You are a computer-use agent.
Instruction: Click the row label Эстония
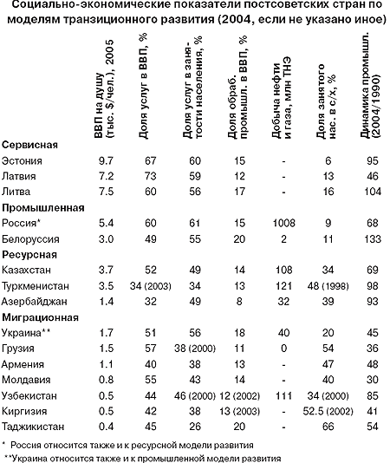point(22,161)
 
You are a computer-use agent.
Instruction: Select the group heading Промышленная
point(43,208)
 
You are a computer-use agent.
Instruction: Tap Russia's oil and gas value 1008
point(283,223)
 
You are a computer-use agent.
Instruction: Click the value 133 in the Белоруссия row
point(373,239)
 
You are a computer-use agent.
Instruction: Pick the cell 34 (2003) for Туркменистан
point(151,286)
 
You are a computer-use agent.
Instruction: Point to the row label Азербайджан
point(35,302)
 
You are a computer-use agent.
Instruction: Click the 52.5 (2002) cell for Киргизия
point(328,411)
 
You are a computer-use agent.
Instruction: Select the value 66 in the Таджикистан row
point(328,427)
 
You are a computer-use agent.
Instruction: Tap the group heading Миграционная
point(41,317)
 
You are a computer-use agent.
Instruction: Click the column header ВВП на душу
point(104,89)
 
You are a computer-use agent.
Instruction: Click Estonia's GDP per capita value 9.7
point(106,161)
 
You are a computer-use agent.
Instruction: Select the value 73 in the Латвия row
point(151,176)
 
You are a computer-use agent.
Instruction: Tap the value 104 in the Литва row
point(373,192)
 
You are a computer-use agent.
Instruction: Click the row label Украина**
point(26,333)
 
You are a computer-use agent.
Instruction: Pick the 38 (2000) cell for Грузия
point(195,349)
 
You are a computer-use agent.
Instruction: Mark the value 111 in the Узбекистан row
point(283,396)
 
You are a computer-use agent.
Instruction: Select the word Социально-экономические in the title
point(92,4)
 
